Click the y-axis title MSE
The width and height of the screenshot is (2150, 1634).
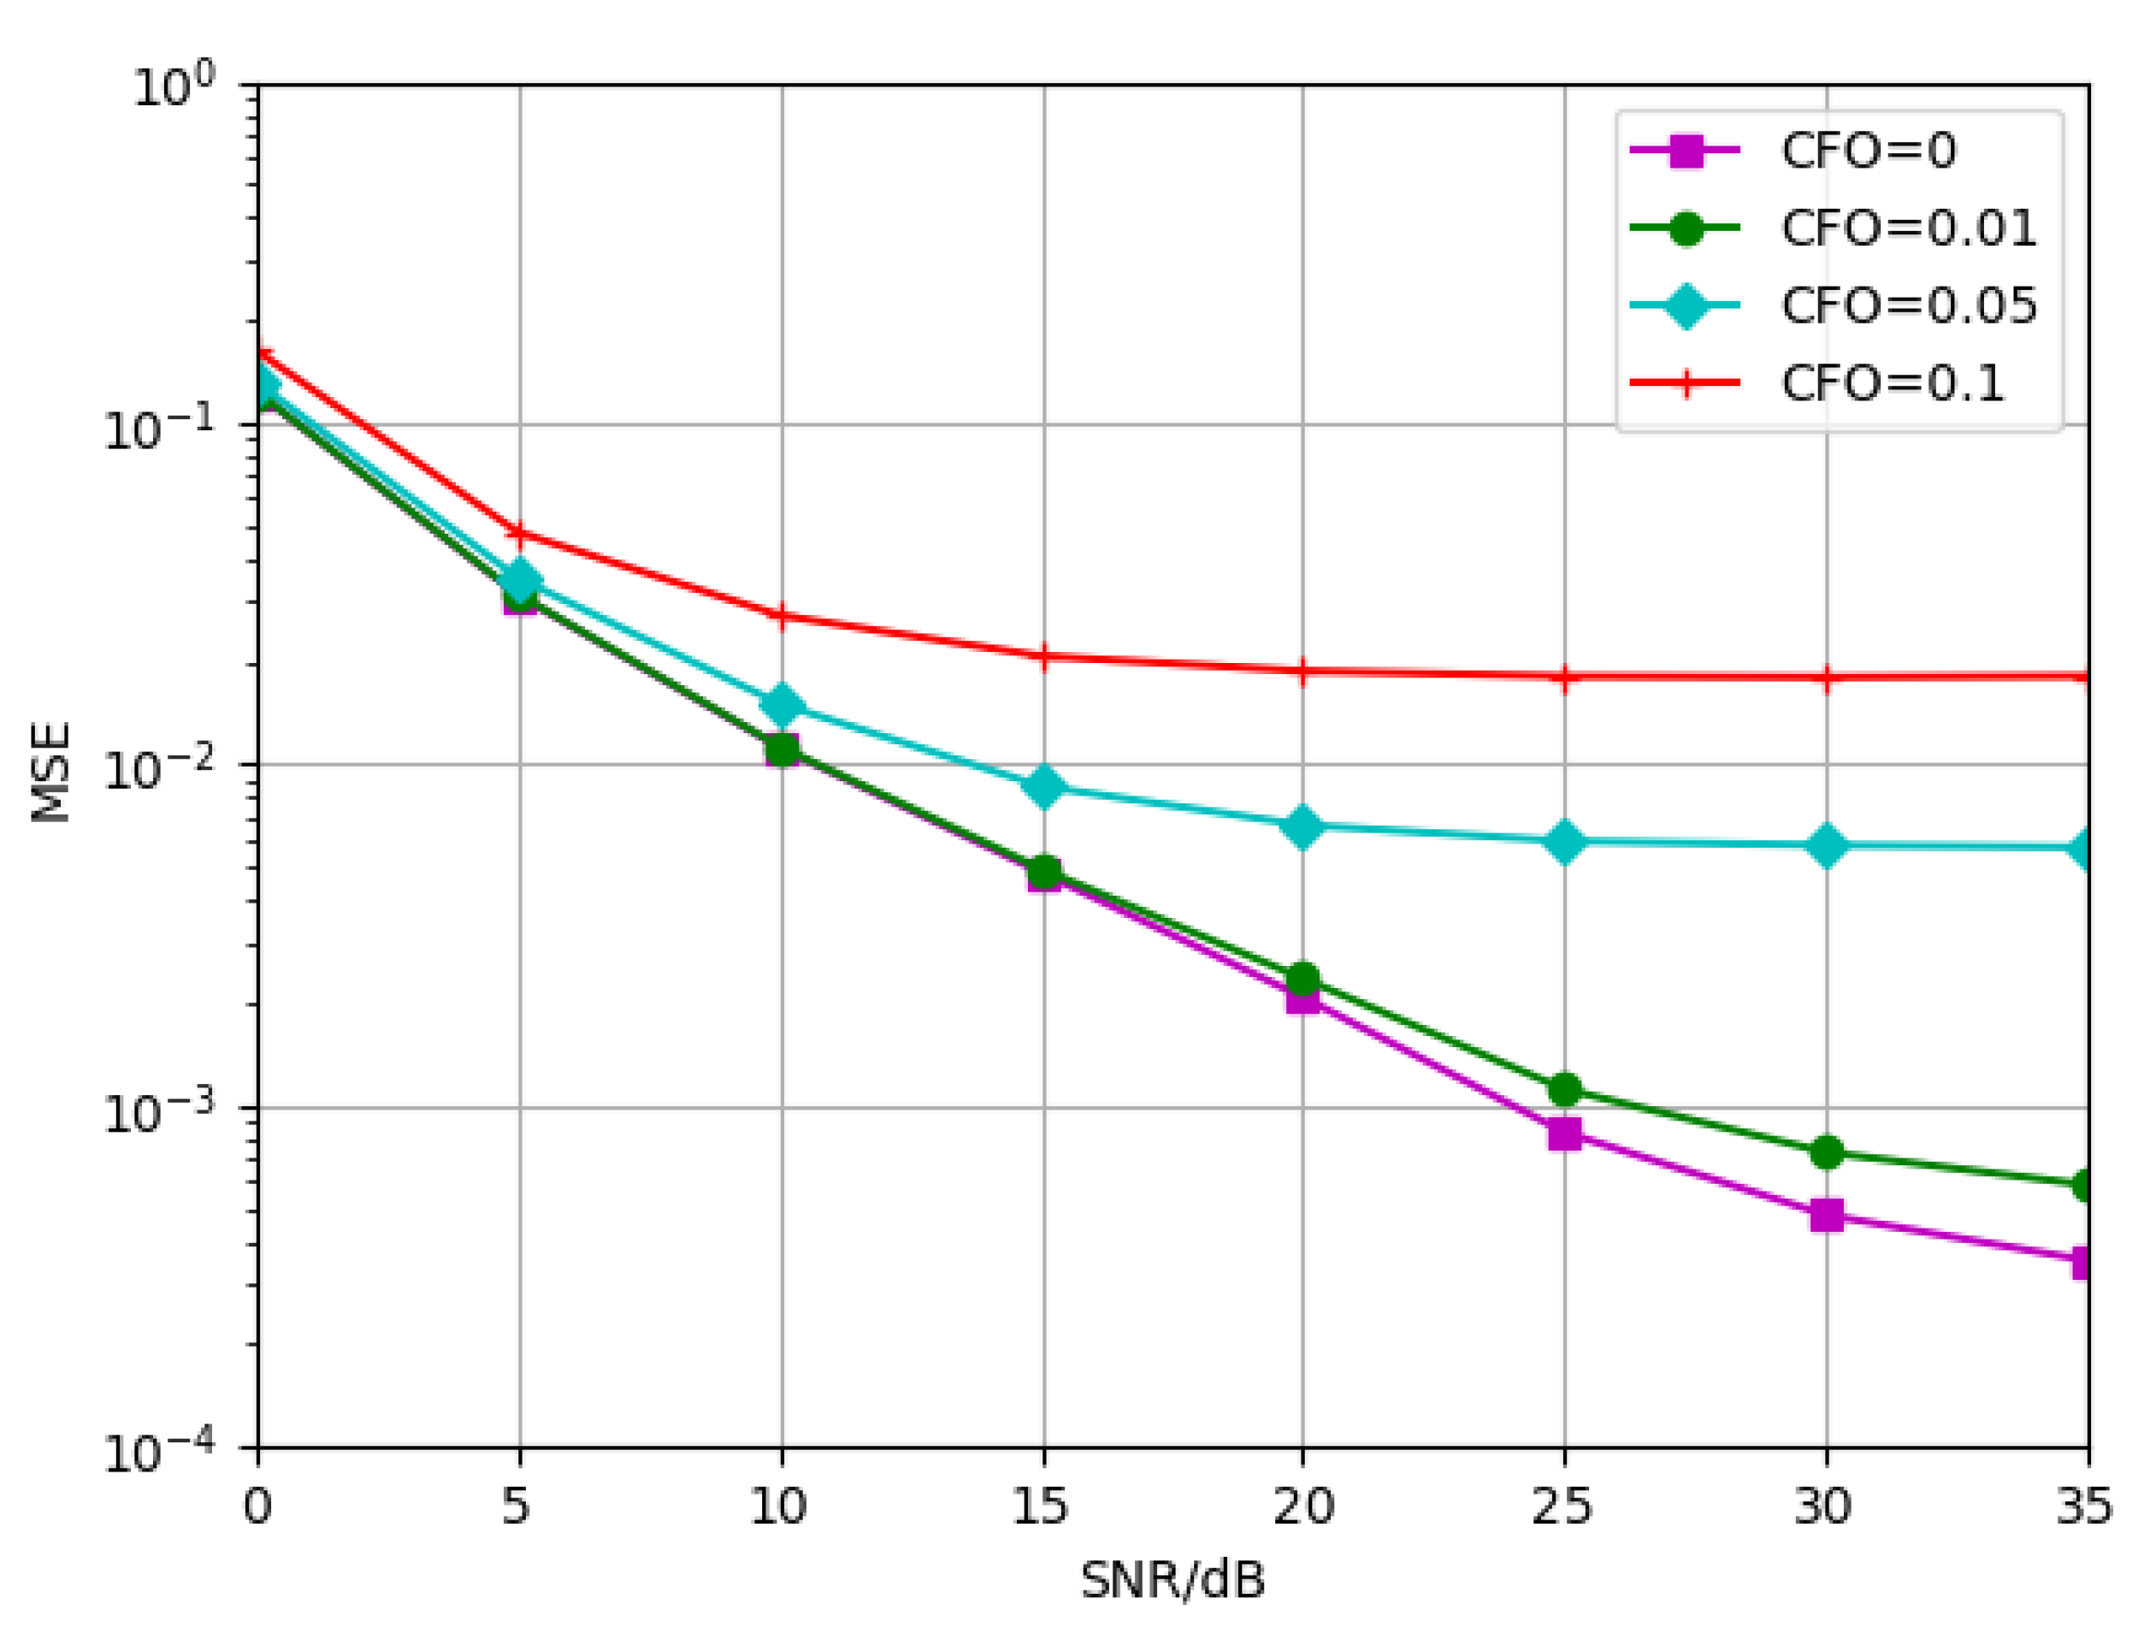tap(50, 772)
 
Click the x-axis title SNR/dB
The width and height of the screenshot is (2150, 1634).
tap(1172, 1579)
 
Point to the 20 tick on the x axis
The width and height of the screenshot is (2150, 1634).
tap(1303, 1507)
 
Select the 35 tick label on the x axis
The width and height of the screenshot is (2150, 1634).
tap(2085, 1507)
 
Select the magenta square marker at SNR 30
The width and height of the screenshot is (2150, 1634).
tap(1826, 1215)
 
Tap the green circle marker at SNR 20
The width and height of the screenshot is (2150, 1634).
tap(1303, 979)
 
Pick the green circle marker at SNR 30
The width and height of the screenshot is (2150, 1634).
tap(1826, 1152)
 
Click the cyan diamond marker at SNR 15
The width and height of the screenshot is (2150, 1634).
tap(1043, 786)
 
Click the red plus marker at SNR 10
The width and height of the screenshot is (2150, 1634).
tap(782, 616)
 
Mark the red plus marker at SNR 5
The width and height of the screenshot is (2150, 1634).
tap(519, 533)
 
